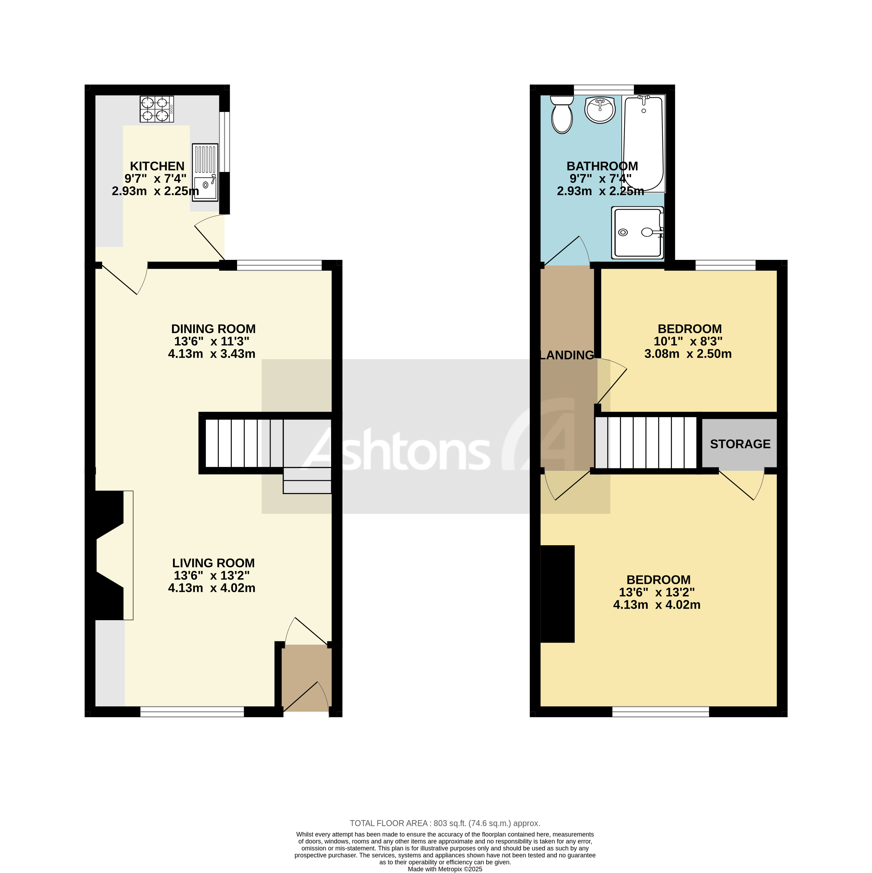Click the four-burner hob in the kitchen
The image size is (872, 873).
click(156, 109)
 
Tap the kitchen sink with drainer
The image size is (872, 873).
click(205, 172)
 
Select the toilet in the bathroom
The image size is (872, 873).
click(561, 115)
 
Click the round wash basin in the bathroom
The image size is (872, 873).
click(600, 110)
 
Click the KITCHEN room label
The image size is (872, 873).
click(157, 166)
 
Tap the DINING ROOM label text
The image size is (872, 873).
click(213, 329)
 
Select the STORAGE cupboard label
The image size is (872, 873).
click(740, 444)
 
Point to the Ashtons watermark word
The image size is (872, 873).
click(398, 450)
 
